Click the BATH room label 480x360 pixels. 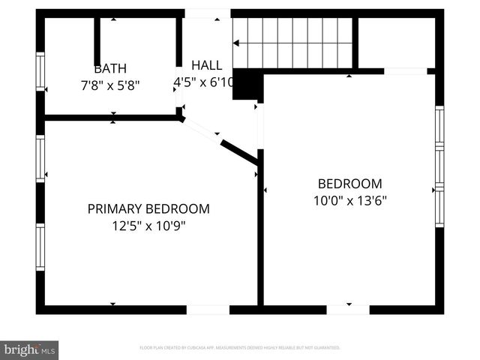coord(109,68)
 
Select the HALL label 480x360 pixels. coord(206,65)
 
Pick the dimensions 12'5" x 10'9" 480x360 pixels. coord(148,224)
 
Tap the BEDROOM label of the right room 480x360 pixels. coord(349,184)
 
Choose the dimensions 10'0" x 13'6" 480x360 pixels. coord(349,200)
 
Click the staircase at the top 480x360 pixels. coord(292,43)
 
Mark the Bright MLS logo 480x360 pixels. coord(29,349)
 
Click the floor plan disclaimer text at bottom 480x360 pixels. coord(240,348)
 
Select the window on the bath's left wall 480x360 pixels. coord(41,72)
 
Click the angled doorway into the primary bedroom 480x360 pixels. coord(201,128)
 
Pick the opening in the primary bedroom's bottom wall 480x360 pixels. coord(208,310)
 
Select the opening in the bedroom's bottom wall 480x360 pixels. coord(348,310)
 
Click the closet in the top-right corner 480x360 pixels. coord(396,43)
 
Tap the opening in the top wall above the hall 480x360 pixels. coord(208,13)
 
